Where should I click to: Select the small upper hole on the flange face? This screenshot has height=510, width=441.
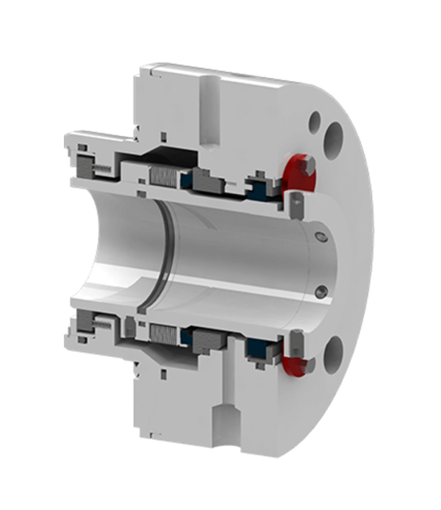point(316,118)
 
